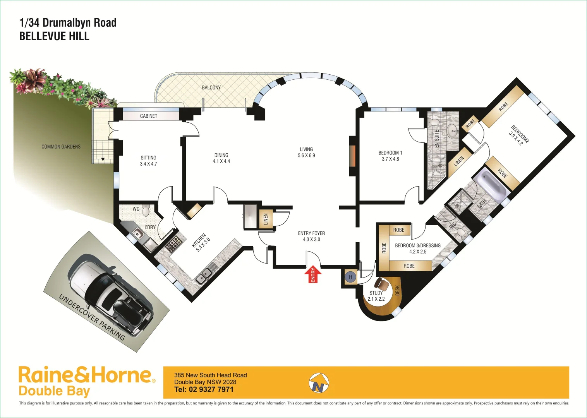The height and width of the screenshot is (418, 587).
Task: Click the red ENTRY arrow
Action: [x=313, y=274]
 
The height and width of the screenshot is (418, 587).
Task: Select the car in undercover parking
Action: [x=110, y=294]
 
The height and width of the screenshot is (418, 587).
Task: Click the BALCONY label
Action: [x=211, y=87]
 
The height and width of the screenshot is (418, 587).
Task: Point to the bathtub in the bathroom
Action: [x=490, y=185]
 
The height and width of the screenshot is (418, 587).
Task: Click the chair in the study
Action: [x=383, y=284]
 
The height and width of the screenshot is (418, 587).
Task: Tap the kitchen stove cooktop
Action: [x=172, y=244]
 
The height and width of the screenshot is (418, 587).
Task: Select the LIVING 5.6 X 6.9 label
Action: [x=306, y=152]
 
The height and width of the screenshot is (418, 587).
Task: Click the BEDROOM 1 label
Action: [x=390, y=156]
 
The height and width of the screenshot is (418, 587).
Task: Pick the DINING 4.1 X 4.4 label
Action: [x=221, y=158]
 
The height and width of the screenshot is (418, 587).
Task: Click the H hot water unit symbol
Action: [x=350, y=277]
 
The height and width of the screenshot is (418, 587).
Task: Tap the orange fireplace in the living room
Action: [x=352, y=156]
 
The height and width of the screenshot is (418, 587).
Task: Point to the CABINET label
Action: [x=149, y=116]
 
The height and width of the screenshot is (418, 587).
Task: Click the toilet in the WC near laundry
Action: [x=146, y=211]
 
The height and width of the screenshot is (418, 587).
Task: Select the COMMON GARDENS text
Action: [x=61, y=147]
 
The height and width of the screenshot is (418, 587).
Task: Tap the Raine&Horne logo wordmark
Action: [x=85, y=375]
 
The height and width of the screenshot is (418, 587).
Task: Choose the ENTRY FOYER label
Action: [x=311, y=236]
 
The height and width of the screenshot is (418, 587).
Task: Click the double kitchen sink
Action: [x=204, y=275]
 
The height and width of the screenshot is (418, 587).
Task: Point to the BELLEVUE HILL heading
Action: [x=54, y=36]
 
